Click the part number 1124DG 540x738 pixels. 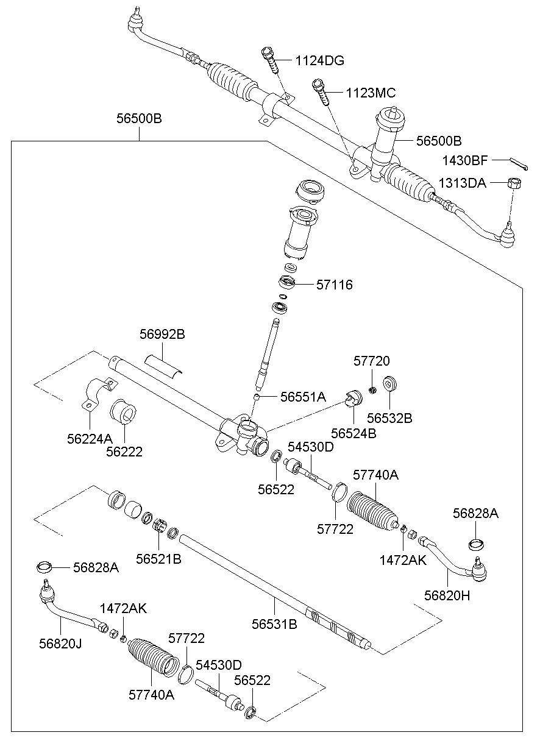tap(320, 61)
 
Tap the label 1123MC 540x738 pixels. tap(371, 93)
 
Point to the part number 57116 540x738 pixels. tap(334, 285)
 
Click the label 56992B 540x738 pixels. tap(162, 335)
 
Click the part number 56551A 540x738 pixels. tap(303, 397)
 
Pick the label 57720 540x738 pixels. tap(371, 361)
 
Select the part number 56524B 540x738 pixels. tap(353, 433)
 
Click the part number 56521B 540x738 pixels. tap(158, 558)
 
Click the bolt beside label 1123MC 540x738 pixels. tap(322, 91)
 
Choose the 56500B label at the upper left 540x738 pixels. tap(139, 119)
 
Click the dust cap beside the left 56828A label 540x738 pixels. tap(44, 567)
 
